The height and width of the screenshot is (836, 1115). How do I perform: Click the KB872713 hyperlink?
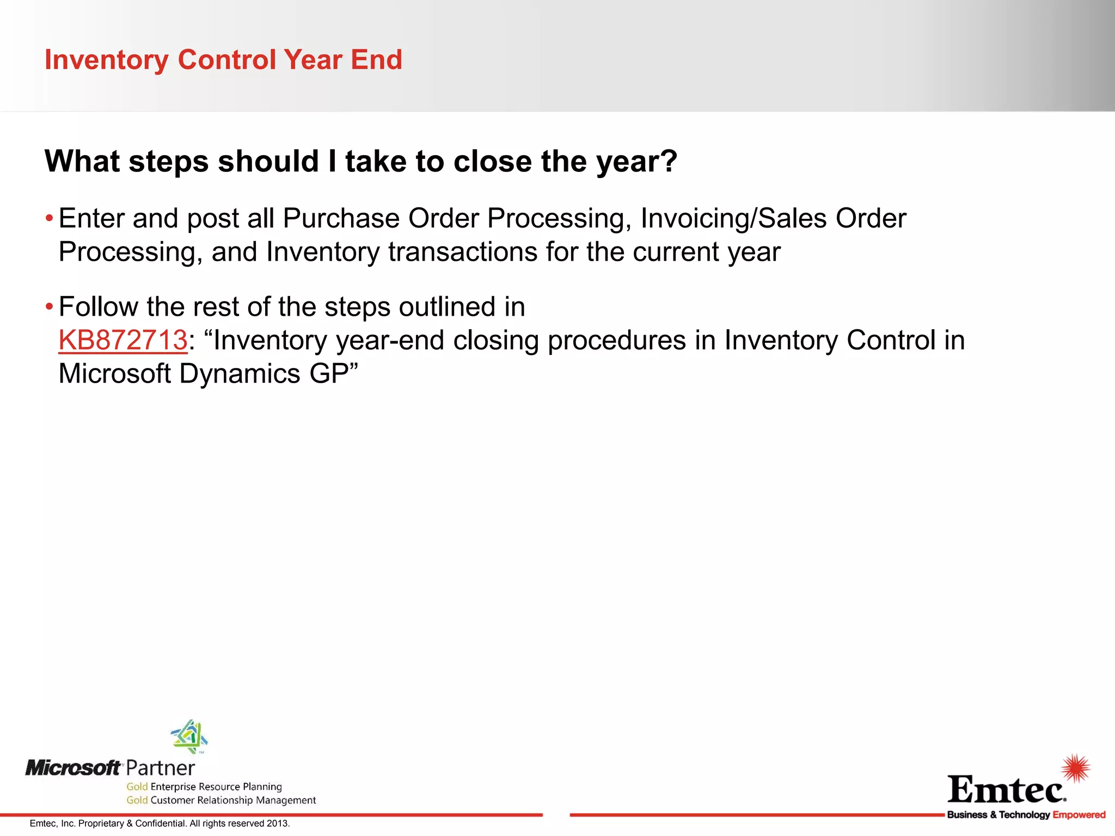click(x=122, y=341)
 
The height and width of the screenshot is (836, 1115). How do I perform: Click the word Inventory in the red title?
click(x=106, y=60)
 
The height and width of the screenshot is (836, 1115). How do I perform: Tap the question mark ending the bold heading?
click(x=668, y=162)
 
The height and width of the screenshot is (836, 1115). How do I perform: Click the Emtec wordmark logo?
click(x=1006, y=790)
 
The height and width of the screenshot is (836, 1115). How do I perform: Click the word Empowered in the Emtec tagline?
click(x=1079, y=815)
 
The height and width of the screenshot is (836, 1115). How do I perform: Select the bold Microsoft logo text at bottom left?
click(x=73, y=768)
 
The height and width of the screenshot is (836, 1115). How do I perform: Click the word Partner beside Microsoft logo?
click(x=160, y=769)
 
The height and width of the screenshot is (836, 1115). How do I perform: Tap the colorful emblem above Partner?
click(x=189, y=736)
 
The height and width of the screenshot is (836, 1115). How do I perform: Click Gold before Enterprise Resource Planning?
click(x=137, y=786)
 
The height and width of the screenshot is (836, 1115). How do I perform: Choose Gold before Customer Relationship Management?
click(x=137, y=800)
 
